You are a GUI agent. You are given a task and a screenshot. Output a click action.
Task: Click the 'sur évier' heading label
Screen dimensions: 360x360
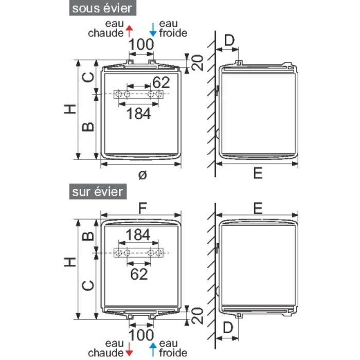(x=97, y=192)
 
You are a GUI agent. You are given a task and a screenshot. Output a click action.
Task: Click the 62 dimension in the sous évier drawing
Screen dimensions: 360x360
(x=160, y=82)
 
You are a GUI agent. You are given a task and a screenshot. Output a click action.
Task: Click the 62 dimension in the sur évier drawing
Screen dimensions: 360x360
(x=139, y=274)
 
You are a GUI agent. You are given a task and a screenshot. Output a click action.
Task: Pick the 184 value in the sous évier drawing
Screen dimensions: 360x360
(x=139, y=114)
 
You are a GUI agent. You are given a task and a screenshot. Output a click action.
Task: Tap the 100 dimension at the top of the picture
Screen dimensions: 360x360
(x=141, y=45)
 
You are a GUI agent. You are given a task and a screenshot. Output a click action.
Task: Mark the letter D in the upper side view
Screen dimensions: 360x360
(x=229, y=40)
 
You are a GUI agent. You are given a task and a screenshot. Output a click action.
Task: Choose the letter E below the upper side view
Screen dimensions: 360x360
(x=258, y=174)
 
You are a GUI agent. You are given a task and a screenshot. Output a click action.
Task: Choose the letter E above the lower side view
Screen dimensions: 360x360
(x=258, y=207)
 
